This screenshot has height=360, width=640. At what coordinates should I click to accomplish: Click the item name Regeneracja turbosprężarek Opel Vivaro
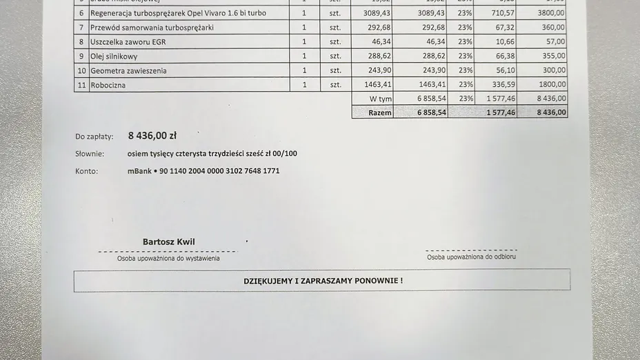[x=178, y=13]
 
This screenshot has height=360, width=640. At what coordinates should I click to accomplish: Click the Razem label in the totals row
[x=380, y=112]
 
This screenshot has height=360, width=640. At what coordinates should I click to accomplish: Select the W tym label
[x=381, y=99]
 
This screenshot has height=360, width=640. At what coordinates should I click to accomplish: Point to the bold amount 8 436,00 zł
[x=152, y=137]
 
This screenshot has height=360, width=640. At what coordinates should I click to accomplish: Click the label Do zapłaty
[x=94, y=137]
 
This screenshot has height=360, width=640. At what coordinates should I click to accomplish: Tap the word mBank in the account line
[x=139, y=171]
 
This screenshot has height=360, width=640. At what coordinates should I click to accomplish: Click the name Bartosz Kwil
[x=169, y=242]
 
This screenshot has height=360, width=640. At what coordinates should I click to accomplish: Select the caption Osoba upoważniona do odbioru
[x=471, y=257]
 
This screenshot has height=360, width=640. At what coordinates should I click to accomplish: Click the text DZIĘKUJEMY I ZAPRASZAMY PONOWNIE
[x=323, y=281]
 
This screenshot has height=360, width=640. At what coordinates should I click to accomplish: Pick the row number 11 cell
[x=81, y=86]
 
